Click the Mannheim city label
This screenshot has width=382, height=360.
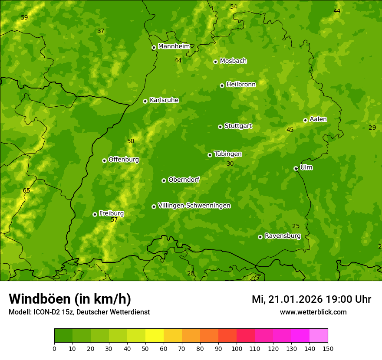pos(174,46)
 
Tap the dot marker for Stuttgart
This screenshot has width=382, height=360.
pos(220,127)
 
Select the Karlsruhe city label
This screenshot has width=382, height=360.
pos(164,100)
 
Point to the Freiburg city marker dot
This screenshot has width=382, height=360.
pos(95,214)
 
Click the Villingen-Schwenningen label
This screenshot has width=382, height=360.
pos(194,206)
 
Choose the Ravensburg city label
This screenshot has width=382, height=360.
pos(282,236)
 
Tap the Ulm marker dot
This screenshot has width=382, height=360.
pos(296,168)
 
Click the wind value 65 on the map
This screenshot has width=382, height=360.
pos(26,190)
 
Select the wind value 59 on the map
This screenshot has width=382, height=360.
pos(24,17)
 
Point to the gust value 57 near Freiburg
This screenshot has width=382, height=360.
pos(114,220)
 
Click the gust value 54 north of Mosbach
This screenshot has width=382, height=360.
pos(234,7)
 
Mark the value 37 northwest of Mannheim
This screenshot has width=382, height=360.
pos(101,31)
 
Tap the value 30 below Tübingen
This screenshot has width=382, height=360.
pos(230,164)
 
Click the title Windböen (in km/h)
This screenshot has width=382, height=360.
pos(69,299)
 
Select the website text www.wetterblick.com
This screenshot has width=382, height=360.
pos(313,312)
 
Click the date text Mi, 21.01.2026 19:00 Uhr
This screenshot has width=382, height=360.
pos(311,299)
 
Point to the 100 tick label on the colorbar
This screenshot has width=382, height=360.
pos(237,348)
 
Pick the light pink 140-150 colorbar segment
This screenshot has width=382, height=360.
pos(319,336)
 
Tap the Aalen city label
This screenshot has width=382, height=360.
pos(318,119)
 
